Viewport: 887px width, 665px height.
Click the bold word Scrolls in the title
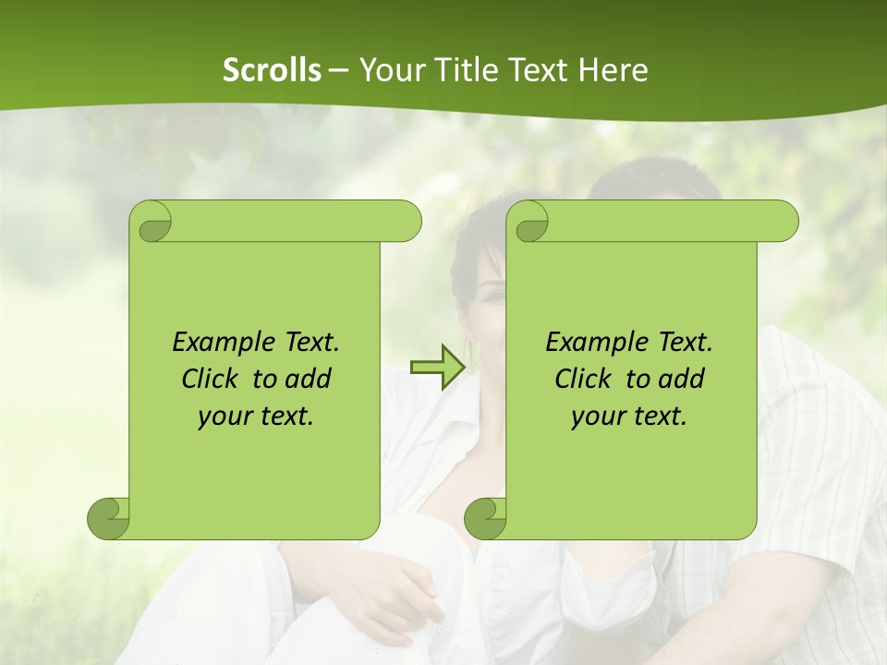click(272, 70)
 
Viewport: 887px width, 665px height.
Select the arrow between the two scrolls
click(437, 368)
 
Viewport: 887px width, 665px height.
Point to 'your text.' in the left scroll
click(255, 417)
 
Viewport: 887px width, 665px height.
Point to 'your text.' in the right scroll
click(628, 417)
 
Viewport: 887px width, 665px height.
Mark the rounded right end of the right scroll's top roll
click(785, 222)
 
